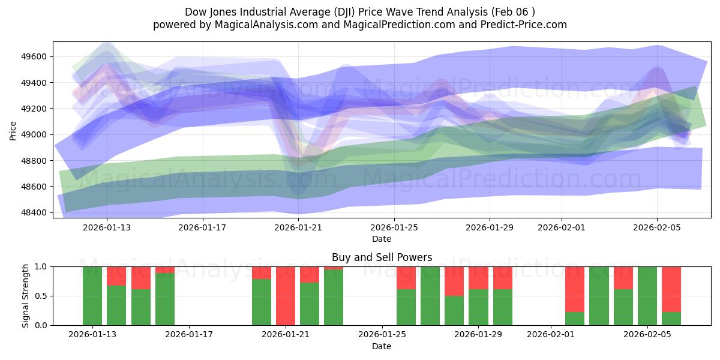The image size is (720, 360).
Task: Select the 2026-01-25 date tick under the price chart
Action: pos(394,227)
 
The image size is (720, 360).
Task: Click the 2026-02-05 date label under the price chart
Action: pos(657,227)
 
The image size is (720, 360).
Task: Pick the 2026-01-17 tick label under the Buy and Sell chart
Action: pos(189,335)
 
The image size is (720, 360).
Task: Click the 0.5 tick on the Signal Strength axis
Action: pos(43,296)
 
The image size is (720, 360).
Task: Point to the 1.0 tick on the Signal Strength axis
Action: pos(43,266)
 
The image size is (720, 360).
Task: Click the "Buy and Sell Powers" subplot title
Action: pos(382,257)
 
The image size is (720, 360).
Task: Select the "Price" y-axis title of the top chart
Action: pos(13,130)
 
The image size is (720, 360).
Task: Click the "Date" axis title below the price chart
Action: pos(382,239)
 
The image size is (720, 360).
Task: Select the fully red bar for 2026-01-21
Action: pos(286,295)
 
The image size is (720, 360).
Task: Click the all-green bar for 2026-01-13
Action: pos(92,295)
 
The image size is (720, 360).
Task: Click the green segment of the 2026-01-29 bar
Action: pos(478,307)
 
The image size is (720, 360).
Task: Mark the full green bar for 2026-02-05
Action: pos(647,295)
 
